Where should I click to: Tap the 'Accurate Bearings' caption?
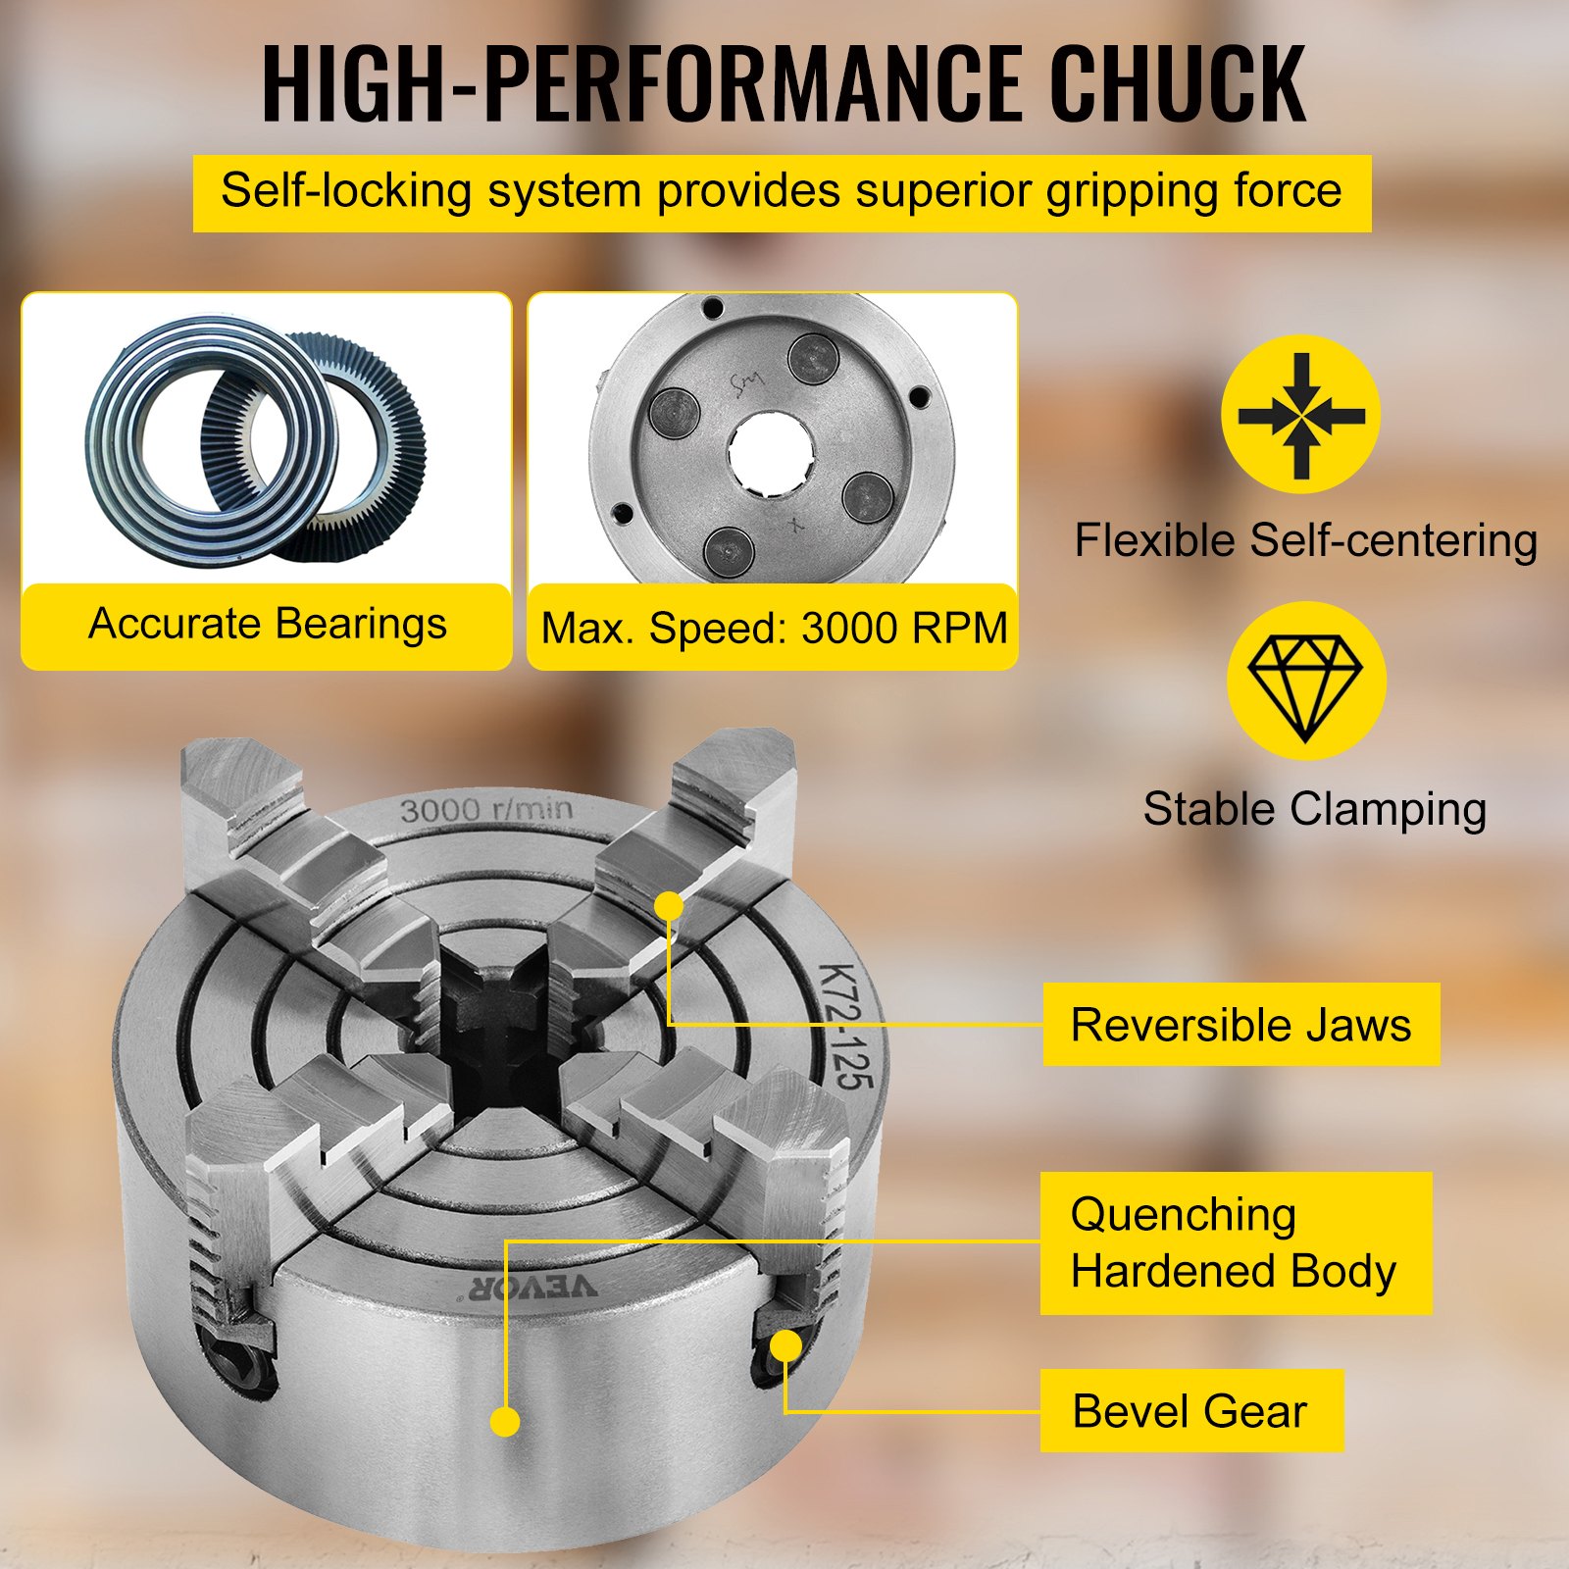click(267, 625)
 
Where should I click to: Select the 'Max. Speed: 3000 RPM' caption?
click(774, 629)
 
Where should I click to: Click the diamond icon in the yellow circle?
click(1305, 682)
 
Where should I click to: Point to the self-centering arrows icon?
click(1300, 415)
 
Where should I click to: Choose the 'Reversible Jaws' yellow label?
click(1240, 1025)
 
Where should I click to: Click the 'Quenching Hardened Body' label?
click(1235, 1242)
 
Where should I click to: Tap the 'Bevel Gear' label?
click(1190, 1411)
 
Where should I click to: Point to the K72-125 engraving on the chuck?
click(845, 1026)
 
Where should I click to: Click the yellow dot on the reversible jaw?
click(669, 905)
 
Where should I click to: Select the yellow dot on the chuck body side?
click(505, 1421)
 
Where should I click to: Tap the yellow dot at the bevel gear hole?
click(785, 1346)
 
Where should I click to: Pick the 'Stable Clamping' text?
click(1314, 810)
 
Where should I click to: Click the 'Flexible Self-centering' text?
click(1305, 541)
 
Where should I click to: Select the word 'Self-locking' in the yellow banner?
click(346, 191)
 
